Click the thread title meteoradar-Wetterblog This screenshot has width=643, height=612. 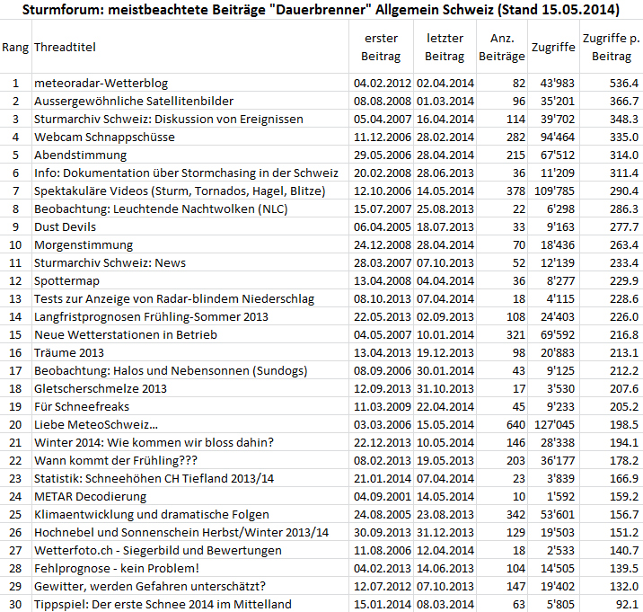(x=101, y=83)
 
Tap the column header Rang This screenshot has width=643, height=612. (x=14, y=47)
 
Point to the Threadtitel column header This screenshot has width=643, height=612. (x=65, y=47)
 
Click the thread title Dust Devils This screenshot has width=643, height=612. (x=65, y=226)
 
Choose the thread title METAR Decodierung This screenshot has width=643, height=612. (x=89, y=496)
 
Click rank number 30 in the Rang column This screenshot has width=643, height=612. (x=14, y=604)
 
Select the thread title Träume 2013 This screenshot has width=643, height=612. (x=69, y=352)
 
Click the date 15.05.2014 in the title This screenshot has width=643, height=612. (x=580, y=11)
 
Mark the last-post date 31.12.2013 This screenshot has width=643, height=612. (x=444, y=532)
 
